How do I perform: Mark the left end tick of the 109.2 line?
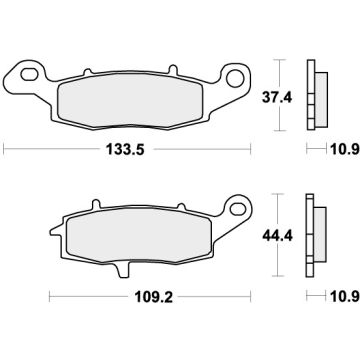[x=50, y=298]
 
